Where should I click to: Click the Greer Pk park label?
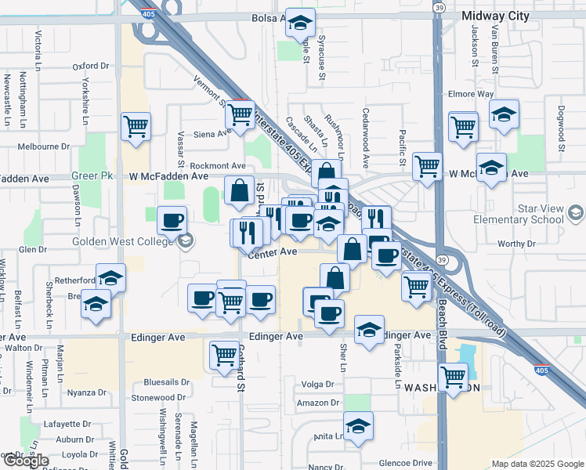pos(88,176)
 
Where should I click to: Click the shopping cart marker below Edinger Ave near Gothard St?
pos(225,355)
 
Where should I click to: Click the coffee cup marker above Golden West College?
pos(172,221)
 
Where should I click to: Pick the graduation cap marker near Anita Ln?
pos(358,427)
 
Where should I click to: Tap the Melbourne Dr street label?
pos(44,146)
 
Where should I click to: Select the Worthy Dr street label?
pos(515,244)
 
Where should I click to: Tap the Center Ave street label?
pos(273,252)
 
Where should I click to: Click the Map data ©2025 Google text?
pos(537,464)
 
